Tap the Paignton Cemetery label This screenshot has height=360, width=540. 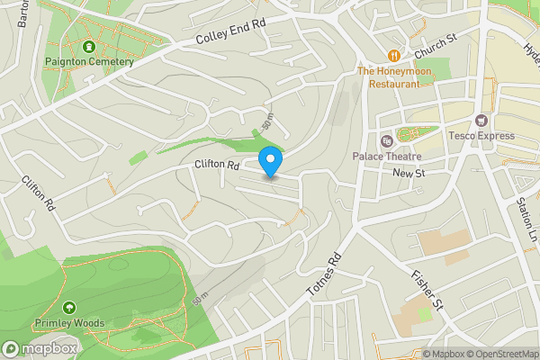(89, 62)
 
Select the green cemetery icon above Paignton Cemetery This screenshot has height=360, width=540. (89, 47)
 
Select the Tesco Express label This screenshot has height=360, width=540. (481, 137)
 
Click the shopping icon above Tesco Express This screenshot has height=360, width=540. (481, 121)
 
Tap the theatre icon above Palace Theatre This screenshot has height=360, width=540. (386, 141)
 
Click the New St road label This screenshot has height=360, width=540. (408, 173)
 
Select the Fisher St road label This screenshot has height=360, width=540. (427, 288)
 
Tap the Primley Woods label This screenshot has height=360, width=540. (70, 323)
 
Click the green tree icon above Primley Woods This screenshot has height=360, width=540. (69, 307)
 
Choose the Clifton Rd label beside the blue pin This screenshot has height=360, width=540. (217, 165)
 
